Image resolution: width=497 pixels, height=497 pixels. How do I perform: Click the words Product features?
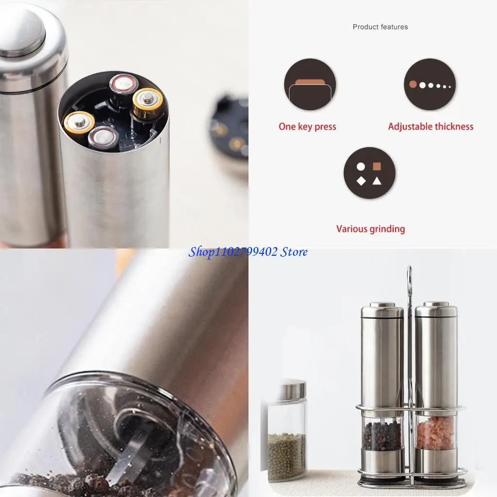tap(380, 27)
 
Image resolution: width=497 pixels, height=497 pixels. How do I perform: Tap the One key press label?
tap(307, 127)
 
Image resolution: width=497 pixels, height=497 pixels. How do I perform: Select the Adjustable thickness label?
tap(431, 127)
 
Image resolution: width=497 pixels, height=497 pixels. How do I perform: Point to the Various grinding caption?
tap(370, 229)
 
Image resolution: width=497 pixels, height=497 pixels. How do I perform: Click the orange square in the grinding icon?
tap(377, 166)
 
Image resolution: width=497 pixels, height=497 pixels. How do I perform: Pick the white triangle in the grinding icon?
tap(377, 181)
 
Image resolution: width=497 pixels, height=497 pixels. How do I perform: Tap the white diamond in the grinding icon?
tap(361, 181)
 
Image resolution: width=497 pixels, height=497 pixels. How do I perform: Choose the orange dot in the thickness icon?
tap(413, 84)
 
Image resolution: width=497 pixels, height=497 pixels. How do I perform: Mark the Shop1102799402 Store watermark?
tap(248, 252)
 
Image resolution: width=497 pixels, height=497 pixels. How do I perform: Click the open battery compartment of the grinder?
tap(113, 114)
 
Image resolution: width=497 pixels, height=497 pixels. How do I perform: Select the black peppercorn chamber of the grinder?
tap(382, 435)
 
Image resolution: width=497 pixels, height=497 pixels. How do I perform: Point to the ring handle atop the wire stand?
tap(409, 274)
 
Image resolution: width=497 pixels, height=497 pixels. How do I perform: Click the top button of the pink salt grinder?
tap(436, 304)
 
